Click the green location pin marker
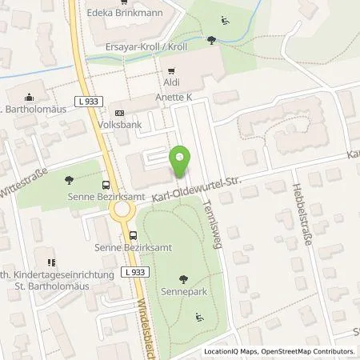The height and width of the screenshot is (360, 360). click(x=180, y=162)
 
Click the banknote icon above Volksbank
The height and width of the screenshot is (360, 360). click(x=119, y=113)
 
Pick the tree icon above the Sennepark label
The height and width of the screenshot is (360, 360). click(x=185, y=278)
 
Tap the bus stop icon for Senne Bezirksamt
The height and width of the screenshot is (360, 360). click(x=134, y=235)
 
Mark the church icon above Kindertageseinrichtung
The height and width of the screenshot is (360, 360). click(x=50, y=262)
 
